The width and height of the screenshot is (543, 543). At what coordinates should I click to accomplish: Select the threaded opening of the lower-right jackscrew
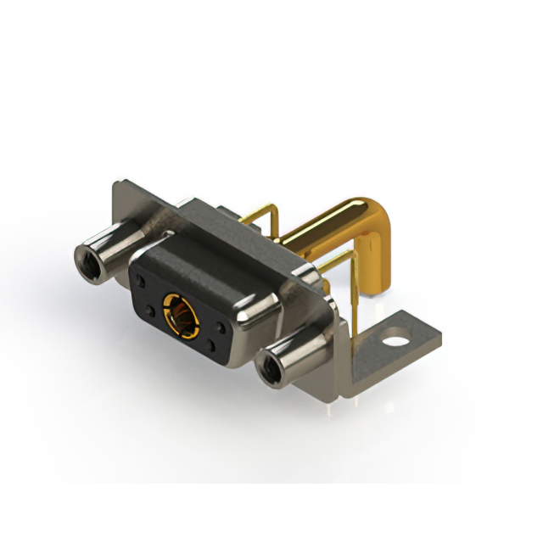point(272,368)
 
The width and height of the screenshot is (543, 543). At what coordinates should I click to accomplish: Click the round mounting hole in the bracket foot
point(396,344)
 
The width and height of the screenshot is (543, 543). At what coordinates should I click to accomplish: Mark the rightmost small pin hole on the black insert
point(222,325)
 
